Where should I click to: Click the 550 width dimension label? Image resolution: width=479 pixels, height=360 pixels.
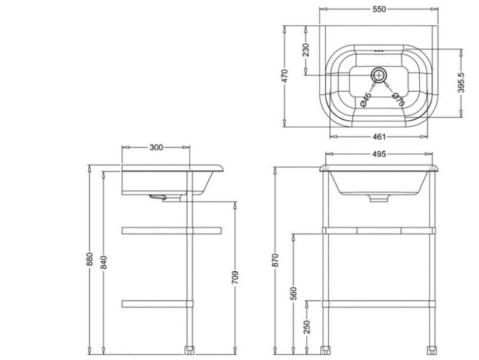pos(379,10)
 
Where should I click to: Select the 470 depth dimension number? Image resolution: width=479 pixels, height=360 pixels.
pos(285,76)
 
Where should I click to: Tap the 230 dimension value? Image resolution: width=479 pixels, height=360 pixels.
pos(306,50)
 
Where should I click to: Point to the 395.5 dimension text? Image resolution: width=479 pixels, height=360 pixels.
pos(461,83)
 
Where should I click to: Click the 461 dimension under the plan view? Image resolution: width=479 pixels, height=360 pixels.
pos(379,137)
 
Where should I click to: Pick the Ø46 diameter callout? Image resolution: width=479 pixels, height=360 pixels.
pos(366,100)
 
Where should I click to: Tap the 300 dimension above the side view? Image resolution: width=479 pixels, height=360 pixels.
pos(156,148)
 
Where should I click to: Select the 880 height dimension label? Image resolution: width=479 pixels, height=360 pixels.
pos(89,259)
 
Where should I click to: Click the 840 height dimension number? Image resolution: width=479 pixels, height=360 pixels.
pos(104,262)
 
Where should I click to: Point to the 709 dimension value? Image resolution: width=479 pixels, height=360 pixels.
pos(235,278)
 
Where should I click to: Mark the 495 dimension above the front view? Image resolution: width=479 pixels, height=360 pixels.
pos(379,154)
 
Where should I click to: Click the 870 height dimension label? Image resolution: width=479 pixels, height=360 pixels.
pos(275,260)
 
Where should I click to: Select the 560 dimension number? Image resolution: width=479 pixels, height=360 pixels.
pos(294,294)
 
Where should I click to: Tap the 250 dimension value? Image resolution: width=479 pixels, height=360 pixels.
pos(307,326)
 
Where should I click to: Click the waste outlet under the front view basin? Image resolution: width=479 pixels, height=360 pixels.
pos(379,198)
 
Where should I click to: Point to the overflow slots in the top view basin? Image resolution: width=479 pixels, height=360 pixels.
pos(379,51)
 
